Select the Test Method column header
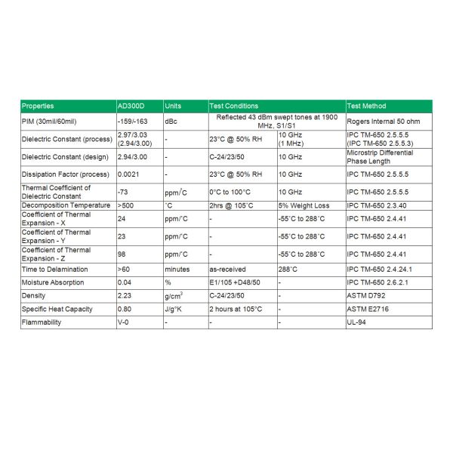click(366, 106)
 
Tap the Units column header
click(173, 106)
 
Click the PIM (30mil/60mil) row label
click(50, 121)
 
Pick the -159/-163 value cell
click(131, 121)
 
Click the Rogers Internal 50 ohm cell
click(383, 121)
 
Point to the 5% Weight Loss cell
click(302, 205)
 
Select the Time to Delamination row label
click(54, 269)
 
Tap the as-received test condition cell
click(226, 269)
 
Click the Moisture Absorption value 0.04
click(125, 282)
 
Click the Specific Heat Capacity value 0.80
click(125, 309)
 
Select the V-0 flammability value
click(124, 322)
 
